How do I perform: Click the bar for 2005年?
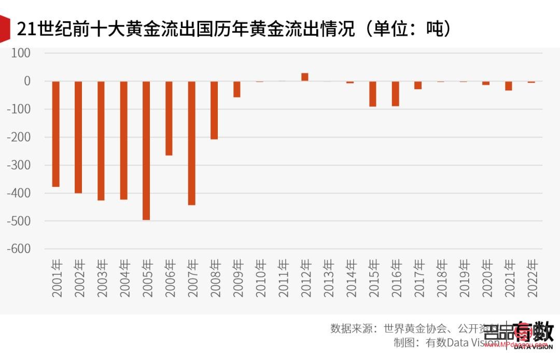[146, 150]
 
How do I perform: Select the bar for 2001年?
[56, 134]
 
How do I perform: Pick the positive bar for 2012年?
[305, 77]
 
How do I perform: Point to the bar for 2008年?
[214, 110]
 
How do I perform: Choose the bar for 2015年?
[373, 94]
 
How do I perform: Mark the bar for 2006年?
[169, 118]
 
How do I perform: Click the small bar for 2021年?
[509, 86]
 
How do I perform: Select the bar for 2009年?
[237, 89]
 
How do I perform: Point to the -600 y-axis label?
[19, 249]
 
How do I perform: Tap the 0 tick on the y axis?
[27, 81]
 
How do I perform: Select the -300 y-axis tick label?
[19, 165]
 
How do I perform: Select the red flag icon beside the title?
[5, 29]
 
